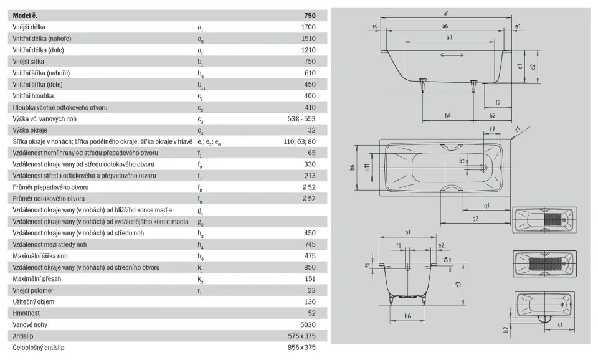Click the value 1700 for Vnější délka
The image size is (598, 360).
(308, 27)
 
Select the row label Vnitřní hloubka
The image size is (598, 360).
(33, 96)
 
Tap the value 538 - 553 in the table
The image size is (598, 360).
(301, 118)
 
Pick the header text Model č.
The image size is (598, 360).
(25, 16)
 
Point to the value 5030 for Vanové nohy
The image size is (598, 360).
(308, 324)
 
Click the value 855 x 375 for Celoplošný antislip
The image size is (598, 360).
(301, 348)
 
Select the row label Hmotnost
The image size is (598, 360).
(26, 313)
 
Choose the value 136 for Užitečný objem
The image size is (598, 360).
(310, 301)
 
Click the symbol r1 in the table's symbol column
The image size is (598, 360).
(200, 291)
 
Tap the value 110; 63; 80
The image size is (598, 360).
(300, 141)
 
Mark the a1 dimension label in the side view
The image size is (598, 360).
(446, 13)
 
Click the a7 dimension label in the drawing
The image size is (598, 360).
(449, 38)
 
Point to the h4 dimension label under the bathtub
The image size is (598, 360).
(448, 115)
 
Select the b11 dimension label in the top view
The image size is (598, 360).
(368, 168)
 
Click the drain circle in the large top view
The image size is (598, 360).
(484, 168)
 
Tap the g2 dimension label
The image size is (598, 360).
(475, 219)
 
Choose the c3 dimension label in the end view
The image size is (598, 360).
(458, 284)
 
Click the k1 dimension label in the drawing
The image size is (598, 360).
(559, 325)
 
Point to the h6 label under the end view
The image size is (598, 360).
(407, 316)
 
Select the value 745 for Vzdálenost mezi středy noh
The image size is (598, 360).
(310, 244)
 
